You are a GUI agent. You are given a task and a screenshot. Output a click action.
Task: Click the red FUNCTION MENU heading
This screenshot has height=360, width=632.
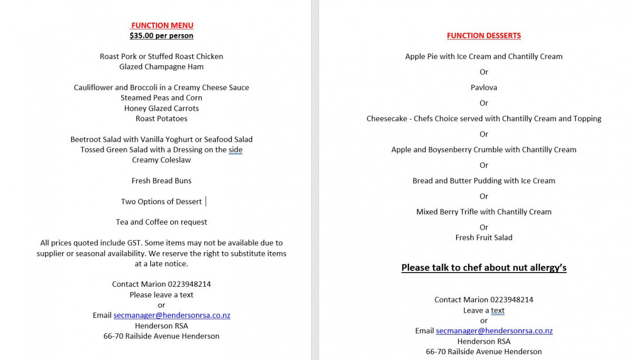[162, 25]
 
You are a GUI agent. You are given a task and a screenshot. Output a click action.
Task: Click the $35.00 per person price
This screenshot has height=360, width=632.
[161, 36]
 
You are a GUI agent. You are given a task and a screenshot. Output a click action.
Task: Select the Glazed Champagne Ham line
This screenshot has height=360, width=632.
[161, 67]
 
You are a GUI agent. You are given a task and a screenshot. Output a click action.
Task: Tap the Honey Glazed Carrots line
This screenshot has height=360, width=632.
[161, 108]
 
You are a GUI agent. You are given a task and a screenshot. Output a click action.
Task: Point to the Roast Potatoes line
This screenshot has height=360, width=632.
[161, 118]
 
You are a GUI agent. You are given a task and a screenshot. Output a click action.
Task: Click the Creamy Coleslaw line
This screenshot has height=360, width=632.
[161, 160]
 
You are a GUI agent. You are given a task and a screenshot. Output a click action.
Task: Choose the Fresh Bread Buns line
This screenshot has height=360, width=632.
[161, 181]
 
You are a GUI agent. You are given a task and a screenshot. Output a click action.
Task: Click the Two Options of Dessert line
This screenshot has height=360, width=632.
[161, 202]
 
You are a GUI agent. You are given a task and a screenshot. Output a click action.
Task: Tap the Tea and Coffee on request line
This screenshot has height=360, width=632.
[161, 222]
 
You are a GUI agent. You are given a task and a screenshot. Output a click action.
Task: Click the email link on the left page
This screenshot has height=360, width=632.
[172, 315]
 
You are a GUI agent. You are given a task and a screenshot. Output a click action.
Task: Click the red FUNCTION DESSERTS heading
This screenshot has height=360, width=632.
[483, 36]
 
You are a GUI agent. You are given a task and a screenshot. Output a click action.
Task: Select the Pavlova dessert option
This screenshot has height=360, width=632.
[483, 87]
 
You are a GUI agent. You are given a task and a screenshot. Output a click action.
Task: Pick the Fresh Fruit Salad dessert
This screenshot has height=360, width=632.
[483, 237]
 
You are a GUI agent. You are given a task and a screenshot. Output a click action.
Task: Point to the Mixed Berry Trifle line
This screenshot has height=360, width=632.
[483, 212]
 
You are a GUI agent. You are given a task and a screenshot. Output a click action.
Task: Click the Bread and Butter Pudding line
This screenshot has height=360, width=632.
[483, 181]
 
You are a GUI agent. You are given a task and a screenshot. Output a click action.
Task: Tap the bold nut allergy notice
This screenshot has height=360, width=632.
[483, 268]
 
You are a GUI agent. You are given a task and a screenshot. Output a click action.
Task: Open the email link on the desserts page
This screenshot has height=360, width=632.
[494, 331]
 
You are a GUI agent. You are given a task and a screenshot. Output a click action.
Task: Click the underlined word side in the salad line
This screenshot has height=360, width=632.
[235, 149]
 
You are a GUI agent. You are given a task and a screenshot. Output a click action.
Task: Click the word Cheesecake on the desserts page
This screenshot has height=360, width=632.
[387, 118]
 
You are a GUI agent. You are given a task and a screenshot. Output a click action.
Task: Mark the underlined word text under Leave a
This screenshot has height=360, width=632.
[498, 311]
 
